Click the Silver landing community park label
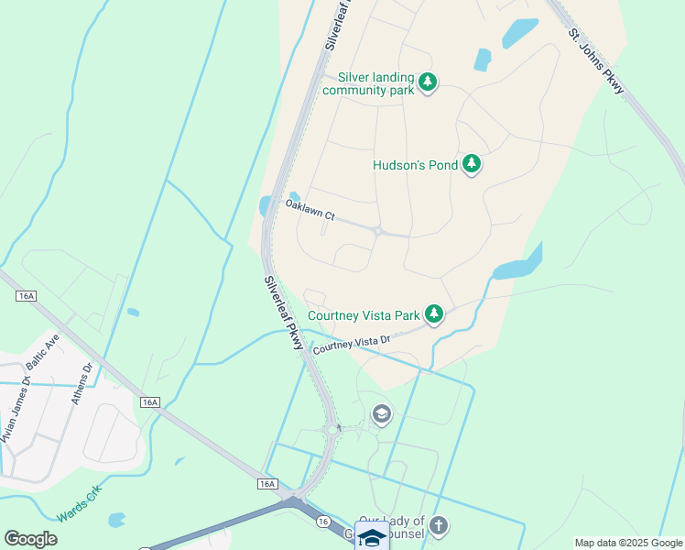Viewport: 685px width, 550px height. tap(375, 83)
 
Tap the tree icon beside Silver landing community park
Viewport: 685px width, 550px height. tap(427, 83)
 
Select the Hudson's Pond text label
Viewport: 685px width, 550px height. tap(414, 166)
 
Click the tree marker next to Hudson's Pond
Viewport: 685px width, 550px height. tap(472, 165)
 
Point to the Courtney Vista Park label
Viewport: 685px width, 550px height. tap(364, 315)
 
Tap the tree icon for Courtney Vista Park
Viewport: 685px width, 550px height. tap(433, 315)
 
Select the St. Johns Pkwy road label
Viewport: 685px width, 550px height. tap(596, 61)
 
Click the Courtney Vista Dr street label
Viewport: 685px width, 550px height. tap(352, 345)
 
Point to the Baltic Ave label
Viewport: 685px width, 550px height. tap(43, 351)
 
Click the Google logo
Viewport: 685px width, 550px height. tap(30, 539)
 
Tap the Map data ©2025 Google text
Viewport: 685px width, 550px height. tap(629, 543)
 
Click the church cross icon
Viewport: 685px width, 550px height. tap(440, 526)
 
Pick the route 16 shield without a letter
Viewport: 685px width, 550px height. tap(323, 521)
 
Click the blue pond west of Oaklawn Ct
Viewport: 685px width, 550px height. tap(266, 205)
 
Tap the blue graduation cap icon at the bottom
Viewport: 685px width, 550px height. tap(372, 537)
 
